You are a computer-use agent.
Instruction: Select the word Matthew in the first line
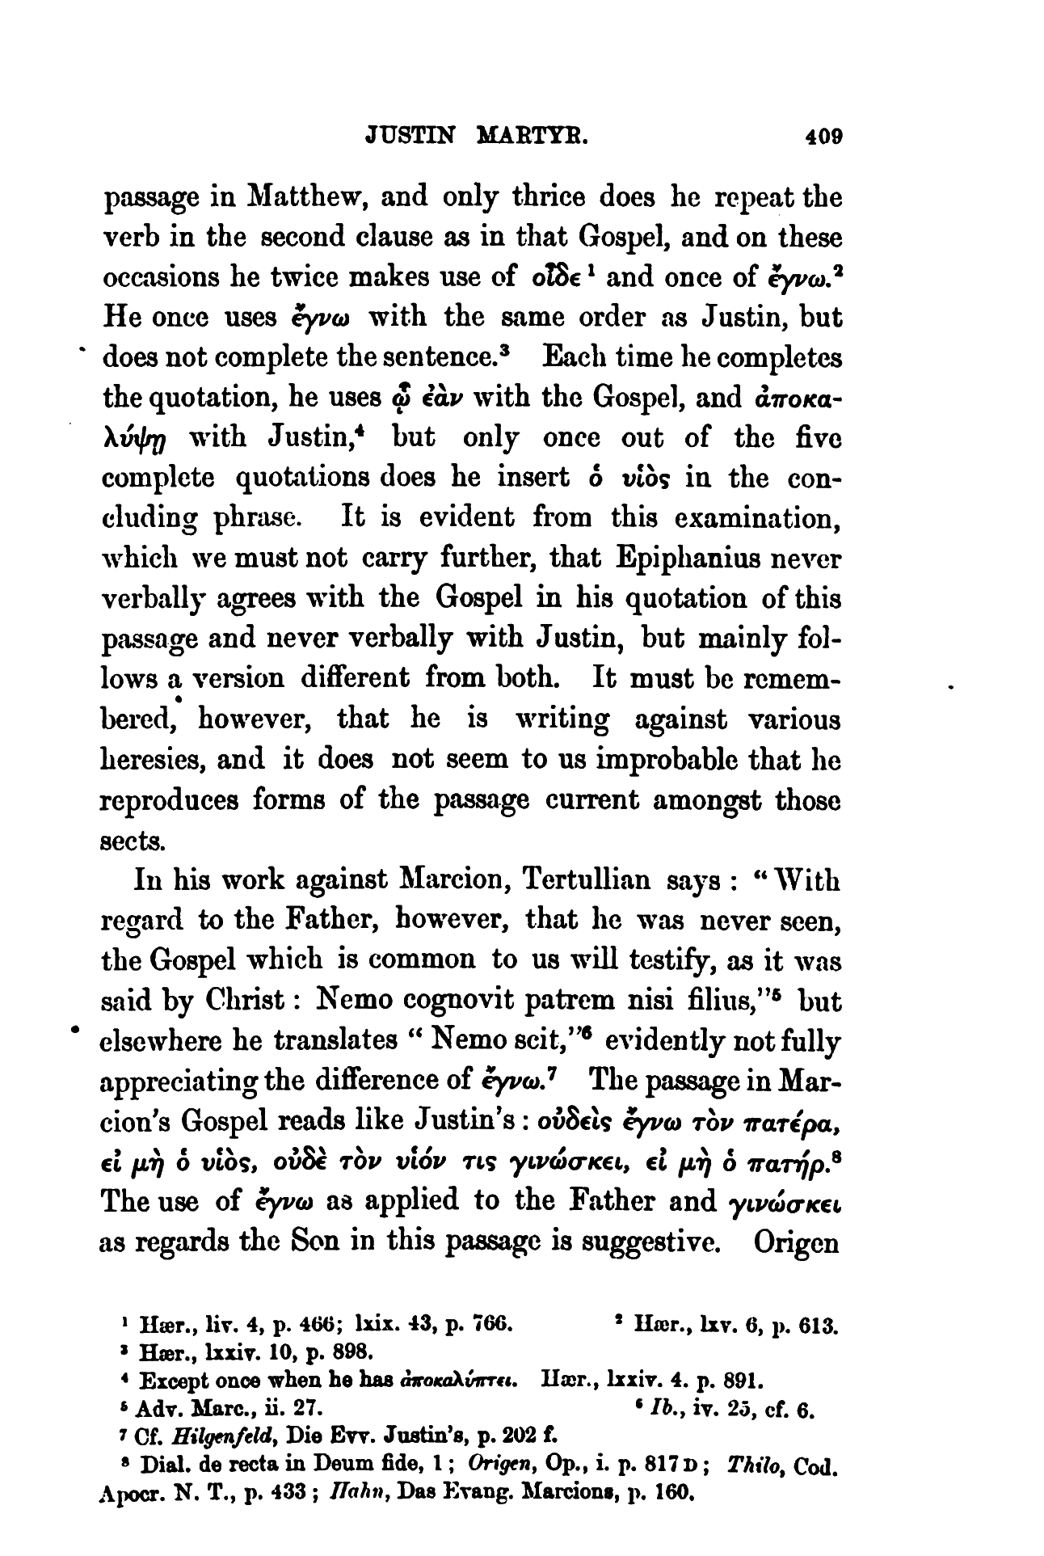[x=305, y=198]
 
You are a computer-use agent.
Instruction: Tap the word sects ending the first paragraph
[x=132, y=841]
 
